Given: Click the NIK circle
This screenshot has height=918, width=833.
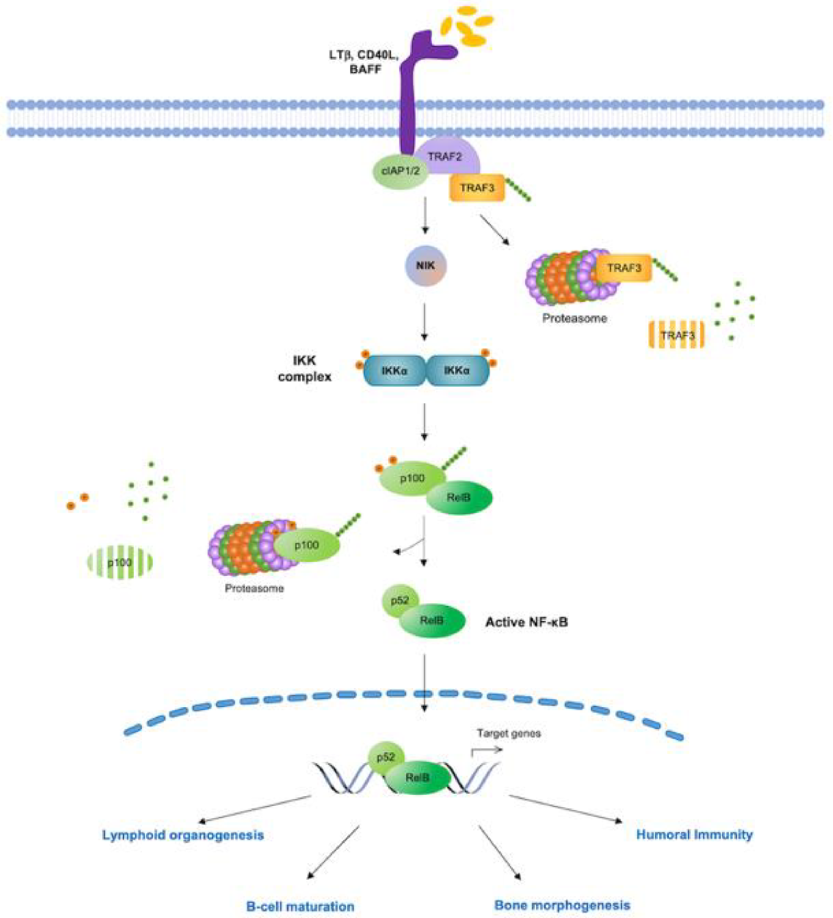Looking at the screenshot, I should (x=426, y=266).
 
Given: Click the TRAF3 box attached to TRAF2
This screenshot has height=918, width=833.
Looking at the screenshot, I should (x=477, y=187).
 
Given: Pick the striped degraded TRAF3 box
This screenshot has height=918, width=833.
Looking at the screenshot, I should (x=677, y=336).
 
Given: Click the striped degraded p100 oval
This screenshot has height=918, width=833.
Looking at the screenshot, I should (x=120, y=562).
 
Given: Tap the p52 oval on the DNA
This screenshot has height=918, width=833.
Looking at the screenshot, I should (x=385, y=757).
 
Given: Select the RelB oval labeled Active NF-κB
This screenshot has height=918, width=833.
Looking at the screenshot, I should (x=432, y=620).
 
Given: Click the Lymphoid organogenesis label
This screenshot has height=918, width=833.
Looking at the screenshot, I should (x=183, y=835).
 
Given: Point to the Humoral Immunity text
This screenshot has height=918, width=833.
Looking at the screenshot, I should (x=694, y=835).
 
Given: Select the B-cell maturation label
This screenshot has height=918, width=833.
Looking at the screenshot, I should (x=300, y=906).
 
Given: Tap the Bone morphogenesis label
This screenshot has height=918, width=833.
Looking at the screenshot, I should (x=562, y=905).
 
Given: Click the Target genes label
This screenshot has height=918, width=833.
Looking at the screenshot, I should (x=509, y=733).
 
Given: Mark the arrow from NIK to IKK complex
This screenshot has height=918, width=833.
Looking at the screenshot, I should (x=424, y=321).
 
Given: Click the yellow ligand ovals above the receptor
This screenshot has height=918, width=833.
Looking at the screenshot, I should (x=469, y=27).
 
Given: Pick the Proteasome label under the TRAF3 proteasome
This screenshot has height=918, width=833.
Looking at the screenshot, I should (x=574, y=318).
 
